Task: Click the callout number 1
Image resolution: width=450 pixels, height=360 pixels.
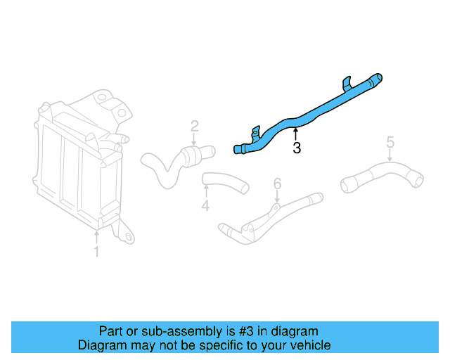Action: tap(97, 251)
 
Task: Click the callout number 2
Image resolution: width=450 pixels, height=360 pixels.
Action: tap(195, 127)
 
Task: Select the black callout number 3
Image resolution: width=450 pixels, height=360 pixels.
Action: tap(297, 148)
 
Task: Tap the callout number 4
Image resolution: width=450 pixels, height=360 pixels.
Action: tap(205, 206)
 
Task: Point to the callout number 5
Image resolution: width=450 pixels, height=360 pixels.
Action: tap(390, 144)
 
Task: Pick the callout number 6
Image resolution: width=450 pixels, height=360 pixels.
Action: tap(277, 184)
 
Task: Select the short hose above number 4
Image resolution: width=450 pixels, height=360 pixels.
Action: tap(226, 182)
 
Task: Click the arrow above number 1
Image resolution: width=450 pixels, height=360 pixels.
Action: tap(97, 236)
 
